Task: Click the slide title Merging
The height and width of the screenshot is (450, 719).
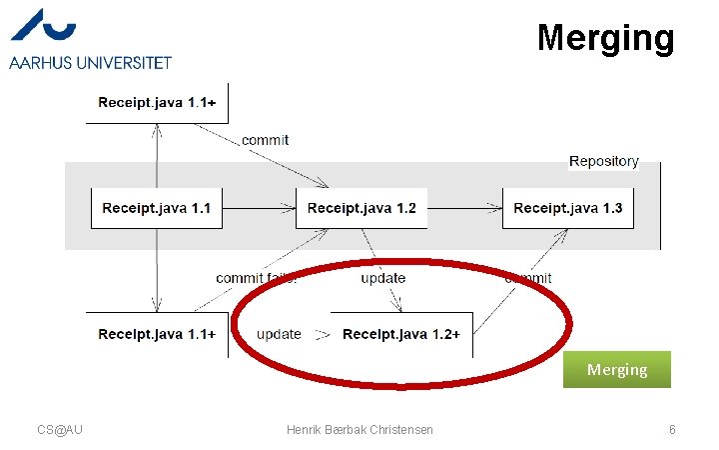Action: [605, 38]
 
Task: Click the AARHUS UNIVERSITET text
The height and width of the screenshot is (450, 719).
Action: [91, 62]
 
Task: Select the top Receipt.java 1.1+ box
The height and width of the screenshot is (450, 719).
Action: [158, 102]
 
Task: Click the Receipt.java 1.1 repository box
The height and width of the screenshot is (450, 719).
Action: [157, 208]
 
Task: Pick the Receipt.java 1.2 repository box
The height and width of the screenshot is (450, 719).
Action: [361, 208]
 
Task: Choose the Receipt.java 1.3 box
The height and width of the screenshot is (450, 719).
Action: [567, 208]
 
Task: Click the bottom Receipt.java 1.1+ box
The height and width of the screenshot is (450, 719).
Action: [157, 334]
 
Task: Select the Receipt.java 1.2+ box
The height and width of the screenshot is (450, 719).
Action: [400, 334]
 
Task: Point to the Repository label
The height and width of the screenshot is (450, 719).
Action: [603, 161]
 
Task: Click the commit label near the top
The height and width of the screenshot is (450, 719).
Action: [265, 140]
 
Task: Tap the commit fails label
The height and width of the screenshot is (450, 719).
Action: [256, 277]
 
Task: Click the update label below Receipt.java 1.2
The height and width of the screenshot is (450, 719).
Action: [382, 277]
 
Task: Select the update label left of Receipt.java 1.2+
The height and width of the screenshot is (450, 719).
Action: [279, 334]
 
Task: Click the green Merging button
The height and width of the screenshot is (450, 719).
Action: [616, 369]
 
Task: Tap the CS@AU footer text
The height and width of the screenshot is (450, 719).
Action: [60, 429]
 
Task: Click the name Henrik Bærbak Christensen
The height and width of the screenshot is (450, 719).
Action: [359, 429]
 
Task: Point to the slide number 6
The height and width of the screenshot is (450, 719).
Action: [672, 429]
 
